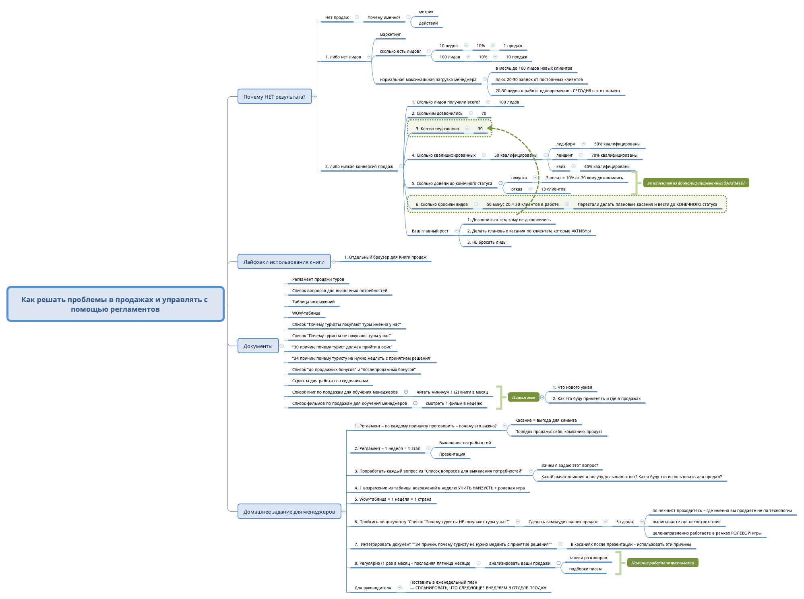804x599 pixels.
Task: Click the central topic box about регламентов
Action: point(115,304)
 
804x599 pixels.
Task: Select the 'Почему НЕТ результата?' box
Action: point(275,97)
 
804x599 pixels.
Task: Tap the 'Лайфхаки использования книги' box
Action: point(284,262)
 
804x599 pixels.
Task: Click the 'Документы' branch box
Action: point(258,346)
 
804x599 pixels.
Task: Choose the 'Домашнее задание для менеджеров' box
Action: point(289,512)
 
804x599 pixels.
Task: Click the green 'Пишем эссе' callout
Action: point(523,398)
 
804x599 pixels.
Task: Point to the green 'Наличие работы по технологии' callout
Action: point(662,563)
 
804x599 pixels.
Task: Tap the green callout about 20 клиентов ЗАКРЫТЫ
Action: point(696,183)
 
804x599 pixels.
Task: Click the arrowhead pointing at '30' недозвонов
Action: point(490,129)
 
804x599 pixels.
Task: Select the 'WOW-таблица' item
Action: point(306,313)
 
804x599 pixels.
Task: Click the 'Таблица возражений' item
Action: point(313,302)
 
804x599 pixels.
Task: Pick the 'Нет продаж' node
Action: point(337,17)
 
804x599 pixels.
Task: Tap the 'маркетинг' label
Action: point(390,34)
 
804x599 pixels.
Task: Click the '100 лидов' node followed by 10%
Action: point(450,57)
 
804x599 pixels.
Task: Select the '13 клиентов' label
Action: point(553,189)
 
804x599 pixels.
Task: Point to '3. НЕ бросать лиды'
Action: point(487,242)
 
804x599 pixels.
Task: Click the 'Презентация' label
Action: point(452,454)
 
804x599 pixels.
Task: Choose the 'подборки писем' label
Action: point(585,569)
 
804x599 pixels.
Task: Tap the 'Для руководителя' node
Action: point(373,588)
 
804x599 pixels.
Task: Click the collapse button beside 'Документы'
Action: point(281,346)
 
